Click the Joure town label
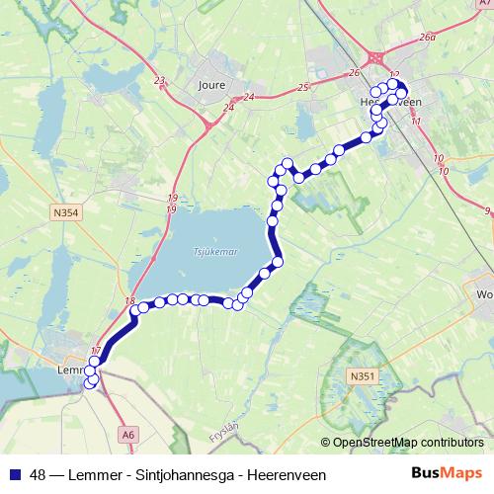click(x=212, y=85)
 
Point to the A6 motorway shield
click(x=127, y=433)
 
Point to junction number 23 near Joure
click(x=159, y=81)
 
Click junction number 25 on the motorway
click(x=302, y=89)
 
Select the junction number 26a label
click(x=427, y=38)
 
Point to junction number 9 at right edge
click(x=487, y=210)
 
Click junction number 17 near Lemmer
click(x=96, y=352)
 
